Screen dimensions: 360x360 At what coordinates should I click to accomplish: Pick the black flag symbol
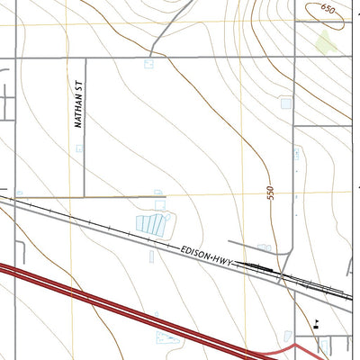coord(316,325)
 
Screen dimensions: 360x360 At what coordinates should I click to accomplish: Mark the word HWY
coord(224,260)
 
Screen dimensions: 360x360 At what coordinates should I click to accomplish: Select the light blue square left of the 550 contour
coord(286,103)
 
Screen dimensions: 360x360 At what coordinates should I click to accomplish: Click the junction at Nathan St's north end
coord(84,58)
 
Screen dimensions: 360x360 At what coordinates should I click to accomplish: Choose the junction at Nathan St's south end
coord(84,195)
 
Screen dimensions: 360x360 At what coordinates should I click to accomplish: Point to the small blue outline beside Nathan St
coord(78,148)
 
